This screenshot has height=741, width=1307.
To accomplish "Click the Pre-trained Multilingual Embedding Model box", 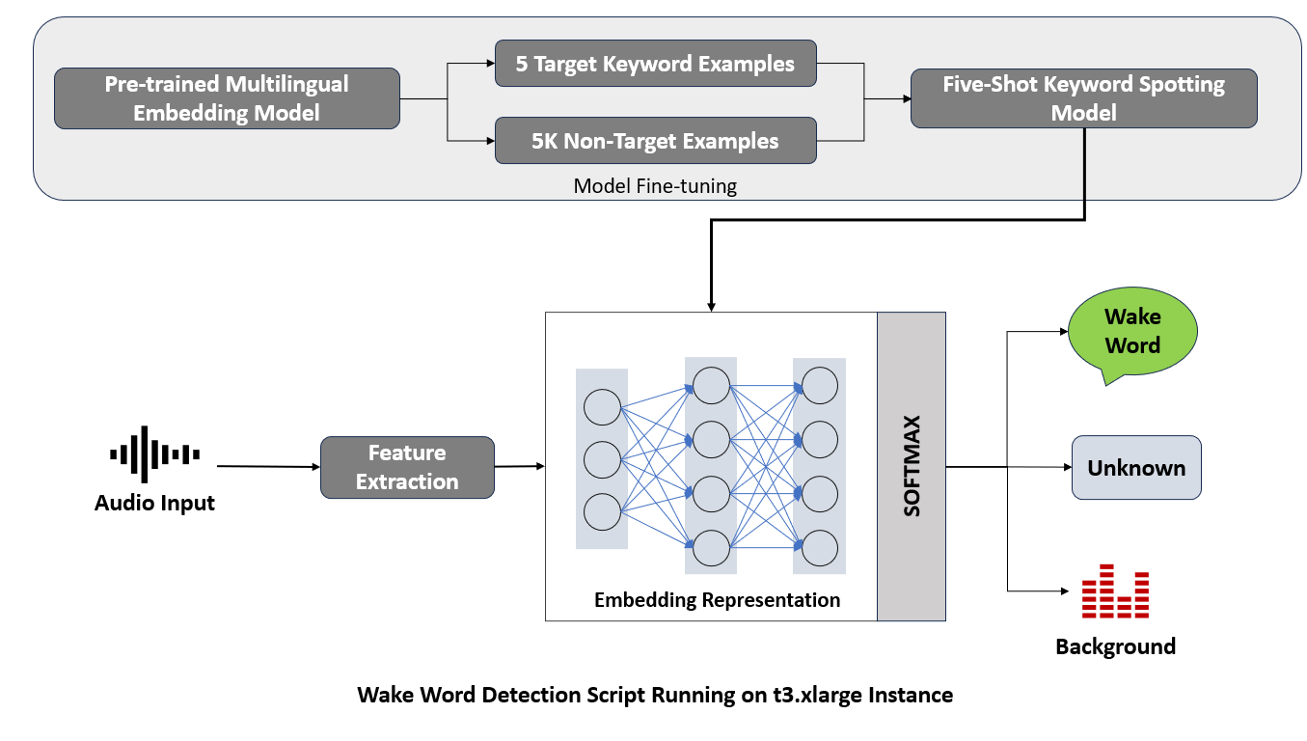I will click(x=227, y=98).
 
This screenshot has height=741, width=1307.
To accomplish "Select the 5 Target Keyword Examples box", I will click(x=655, y=65).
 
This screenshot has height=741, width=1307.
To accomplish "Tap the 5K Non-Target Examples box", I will click(x=655, y=141).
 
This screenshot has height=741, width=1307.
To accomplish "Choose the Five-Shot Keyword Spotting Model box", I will click(x=1083, y=98).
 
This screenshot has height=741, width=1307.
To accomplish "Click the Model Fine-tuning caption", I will click(x=655, y=186).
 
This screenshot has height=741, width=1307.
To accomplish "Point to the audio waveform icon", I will click(x=154, y=453).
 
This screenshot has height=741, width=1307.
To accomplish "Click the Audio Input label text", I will click(x=154, y=503).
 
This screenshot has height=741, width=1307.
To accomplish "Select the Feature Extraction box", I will click(x=407, y=467).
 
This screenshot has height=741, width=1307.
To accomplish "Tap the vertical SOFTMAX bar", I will click(x=912, y=466).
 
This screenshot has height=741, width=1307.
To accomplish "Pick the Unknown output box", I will click(x=1136, y=468).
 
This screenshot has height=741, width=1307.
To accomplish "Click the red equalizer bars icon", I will click(x=1115, y=591).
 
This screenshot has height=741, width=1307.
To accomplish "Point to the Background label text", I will click(x=1115, y=646).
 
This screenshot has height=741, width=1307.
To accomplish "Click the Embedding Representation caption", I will click(x=717, y=600).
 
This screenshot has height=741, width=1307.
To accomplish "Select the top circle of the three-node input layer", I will click(x=602, y=406).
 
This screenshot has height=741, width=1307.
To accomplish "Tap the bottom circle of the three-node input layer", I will click(x=602, y=511).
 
